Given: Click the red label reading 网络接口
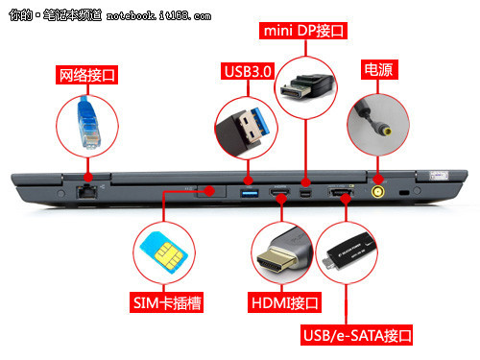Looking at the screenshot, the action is coord(86,75).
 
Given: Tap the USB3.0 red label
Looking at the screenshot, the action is coord(248,71).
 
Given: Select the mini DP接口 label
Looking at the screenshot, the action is coord(303,31).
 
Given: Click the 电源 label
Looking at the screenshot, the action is coord(379,69).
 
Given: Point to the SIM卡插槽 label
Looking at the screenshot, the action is coord(166,302).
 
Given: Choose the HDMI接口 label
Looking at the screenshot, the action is coord(284,302).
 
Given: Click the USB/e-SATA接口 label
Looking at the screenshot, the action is coord(356,335).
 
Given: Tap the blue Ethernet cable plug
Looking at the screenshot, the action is coord(88,123).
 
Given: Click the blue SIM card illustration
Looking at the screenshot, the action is coord(163,252).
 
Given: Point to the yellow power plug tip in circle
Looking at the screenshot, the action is coord(387,131).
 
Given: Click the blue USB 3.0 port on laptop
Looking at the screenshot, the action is coord(250,193).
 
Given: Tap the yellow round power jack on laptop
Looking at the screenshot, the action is coord(378,192).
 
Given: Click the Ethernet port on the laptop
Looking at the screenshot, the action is coord(85,192).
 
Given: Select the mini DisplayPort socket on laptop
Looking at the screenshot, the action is coord(305,193).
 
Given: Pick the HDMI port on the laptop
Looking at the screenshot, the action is coord(279,192).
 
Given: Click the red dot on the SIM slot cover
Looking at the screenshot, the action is coord(209,191).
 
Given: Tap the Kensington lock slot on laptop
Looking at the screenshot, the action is coord(404,193).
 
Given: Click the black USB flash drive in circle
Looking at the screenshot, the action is coord(349,252).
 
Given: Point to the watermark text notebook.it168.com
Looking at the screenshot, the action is coord(158,15).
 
